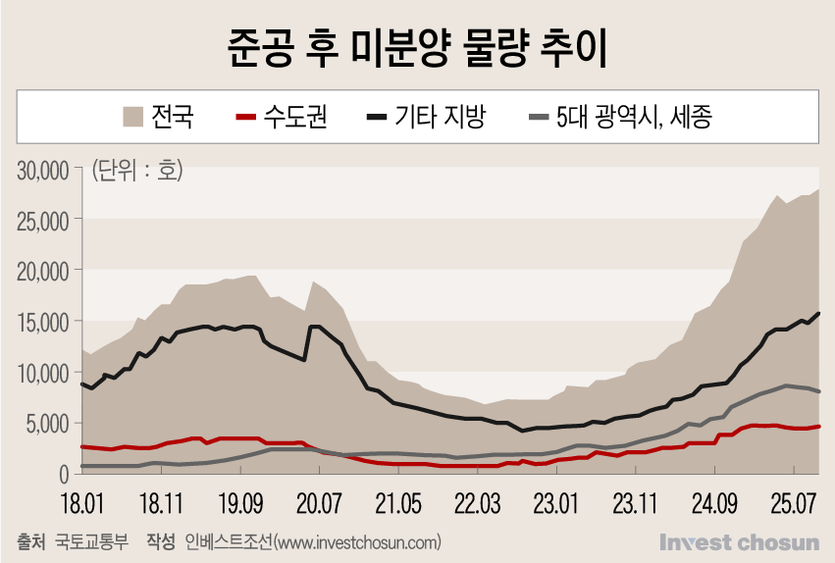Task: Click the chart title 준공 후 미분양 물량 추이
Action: click(417, 46)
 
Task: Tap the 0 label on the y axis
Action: click(62, 475)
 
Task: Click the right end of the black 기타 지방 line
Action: click(819, 313)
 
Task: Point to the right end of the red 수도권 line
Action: click(819, 426)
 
